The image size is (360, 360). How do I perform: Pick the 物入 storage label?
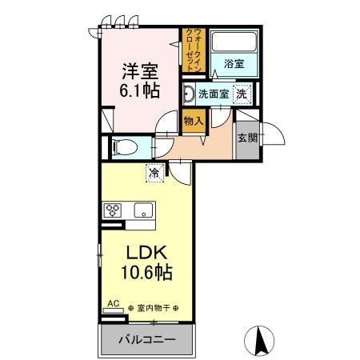194,121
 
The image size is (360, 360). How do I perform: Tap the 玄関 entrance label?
247,137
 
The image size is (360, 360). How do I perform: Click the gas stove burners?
112,211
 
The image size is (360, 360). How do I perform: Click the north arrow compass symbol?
259,340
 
